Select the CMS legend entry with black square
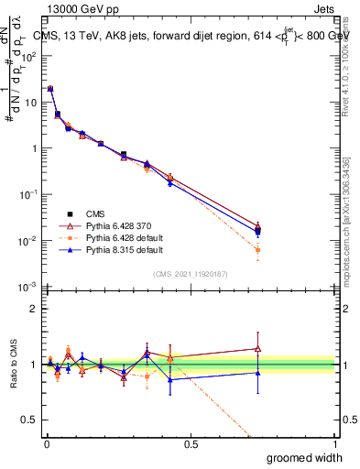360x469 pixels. (x=82, y=213)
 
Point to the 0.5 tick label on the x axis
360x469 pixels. (x=190, y=445)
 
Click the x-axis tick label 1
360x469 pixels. (x=334, y=445)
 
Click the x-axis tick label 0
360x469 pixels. (x=46, y=445)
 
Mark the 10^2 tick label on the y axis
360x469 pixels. (x=31, y=56)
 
